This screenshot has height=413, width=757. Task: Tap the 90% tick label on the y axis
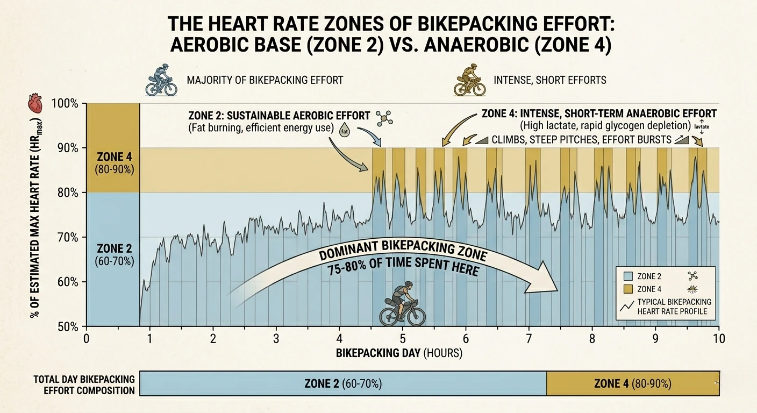pos(69,148)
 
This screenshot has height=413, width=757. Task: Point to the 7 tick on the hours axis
pos(529,339)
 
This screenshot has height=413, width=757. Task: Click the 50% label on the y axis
pos(69,327)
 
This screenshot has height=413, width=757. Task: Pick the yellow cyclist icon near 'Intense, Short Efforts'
pos(466,81)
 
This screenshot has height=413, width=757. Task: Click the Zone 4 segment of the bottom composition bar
pos(633,383)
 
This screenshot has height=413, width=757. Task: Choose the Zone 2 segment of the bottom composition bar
pos(342,383)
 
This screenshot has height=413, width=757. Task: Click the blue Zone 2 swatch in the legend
pos(626,276)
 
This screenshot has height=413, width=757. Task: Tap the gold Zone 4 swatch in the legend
pos(626,289)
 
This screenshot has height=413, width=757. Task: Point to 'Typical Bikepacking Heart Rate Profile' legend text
pos(674,306)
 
